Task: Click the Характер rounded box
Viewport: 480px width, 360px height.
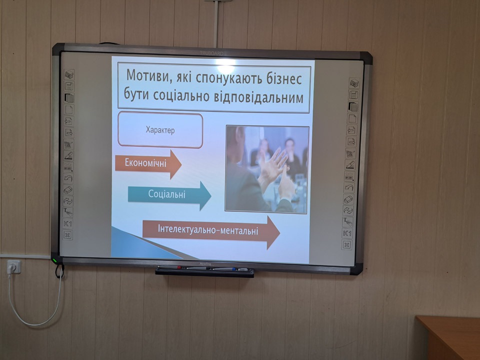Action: pyautogui.click(x=160, y=130)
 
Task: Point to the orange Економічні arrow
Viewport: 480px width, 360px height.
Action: pyautogui.click(x=148, y=163)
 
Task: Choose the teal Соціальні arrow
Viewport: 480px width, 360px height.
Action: pyautogui.click(x=169, y=195)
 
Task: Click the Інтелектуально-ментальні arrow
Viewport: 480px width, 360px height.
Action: pyautogui.click(x=211, y=231)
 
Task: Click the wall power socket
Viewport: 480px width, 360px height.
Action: pyautogui.click(x=14, y=266)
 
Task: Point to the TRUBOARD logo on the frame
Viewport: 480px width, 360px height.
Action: pyautogui.click(x=211, y=53)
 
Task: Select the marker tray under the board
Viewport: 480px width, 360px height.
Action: pyautogui.click(x=204, y=271)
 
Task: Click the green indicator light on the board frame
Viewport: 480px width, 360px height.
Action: pyautogui.click(x=55, y=260)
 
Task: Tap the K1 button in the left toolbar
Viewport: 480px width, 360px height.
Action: pyautogui.click(x=67, y=224)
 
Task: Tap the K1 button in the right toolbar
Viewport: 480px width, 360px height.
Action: pyautogui.click(x=347, y=233)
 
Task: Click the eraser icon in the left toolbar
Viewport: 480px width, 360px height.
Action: pyautogui.click(x=68, y=190)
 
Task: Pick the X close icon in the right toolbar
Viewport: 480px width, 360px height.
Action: pyautogui.click(x=346, y=244)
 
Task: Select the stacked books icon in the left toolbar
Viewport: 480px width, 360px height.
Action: pyautogui.click(x=69, y=74)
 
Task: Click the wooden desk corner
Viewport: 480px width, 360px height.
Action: pyautogui.click(x=417, y=318)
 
